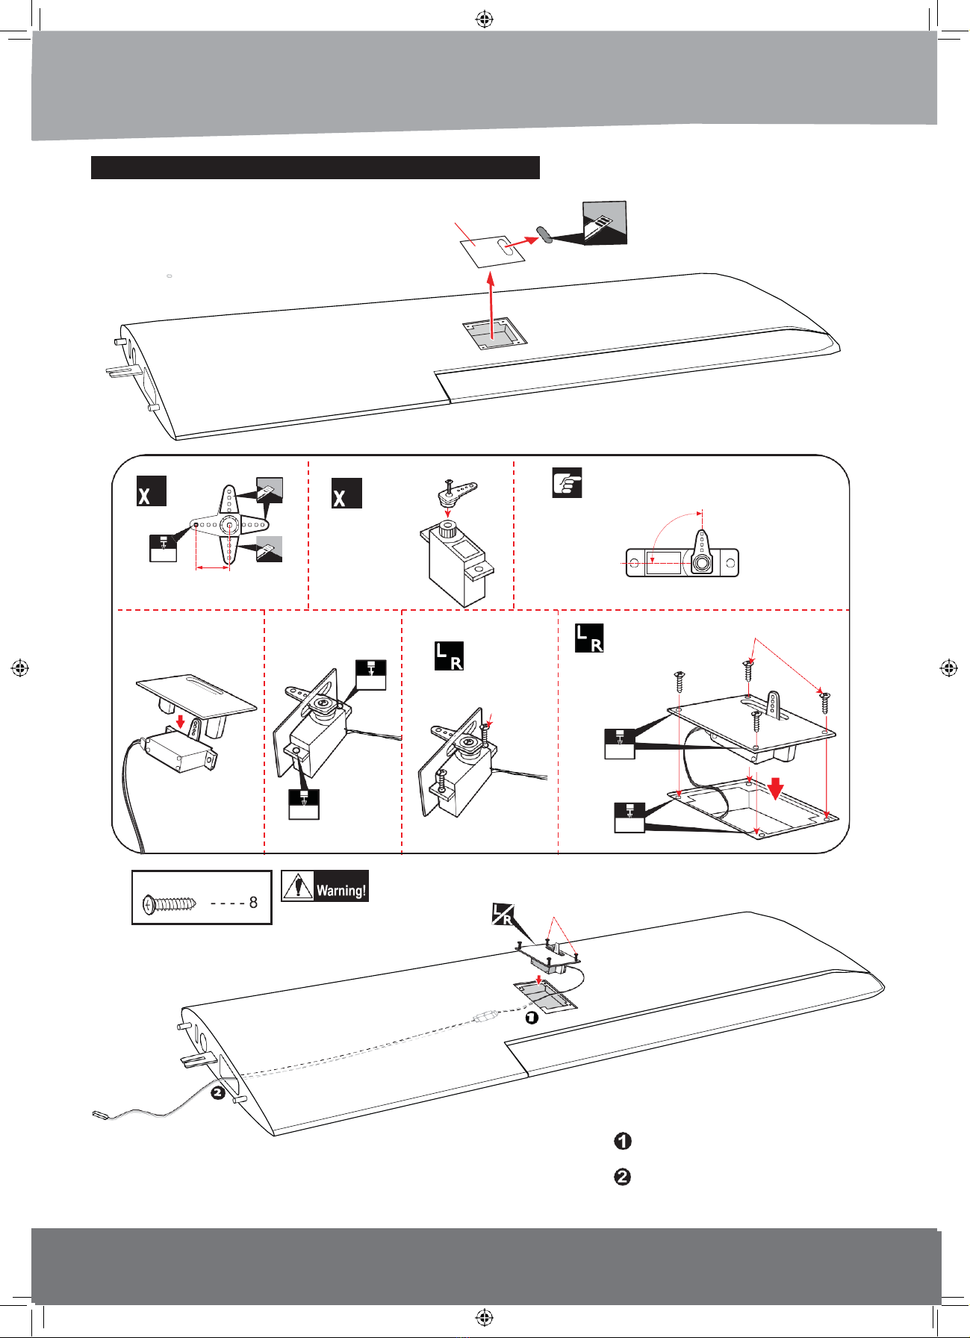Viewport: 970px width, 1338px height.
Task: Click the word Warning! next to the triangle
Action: (x=341, y=890)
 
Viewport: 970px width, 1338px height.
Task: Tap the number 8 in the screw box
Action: (x=253, y=903)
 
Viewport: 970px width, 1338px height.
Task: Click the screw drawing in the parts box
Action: (x=170, y=903)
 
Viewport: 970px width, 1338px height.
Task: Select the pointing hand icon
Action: (x=567, y=483)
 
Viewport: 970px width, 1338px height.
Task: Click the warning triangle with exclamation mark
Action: (x=298, y=886)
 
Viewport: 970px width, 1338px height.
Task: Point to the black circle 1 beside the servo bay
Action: (x=531, y=1017)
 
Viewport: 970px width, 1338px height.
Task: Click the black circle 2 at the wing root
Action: (x=217, y=1093)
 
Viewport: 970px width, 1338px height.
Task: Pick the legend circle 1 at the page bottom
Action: (x=622, y=1142)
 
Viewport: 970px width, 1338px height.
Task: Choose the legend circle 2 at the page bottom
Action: (x=622, y=1177)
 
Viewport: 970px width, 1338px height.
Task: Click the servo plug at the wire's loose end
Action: (x=99, y=1116)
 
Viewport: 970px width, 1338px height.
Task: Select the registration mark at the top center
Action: (x=485, y=19)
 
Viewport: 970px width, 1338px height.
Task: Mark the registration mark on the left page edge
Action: (x=20, y=668)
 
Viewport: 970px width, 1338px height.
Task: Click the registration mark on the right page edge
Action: (x=948, y=668)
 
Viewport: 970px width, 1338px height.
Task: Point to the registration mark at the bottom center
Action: (x=485, y=1317)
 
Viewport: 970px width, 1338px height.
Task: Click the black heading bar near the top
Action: (x=315, y=167)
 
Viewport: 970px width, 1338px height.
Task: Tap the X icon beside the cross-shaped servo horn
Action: (x=151, y=491)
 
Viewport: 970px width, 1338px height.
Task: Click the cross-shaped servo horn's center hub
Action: (x=228, y=524)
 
